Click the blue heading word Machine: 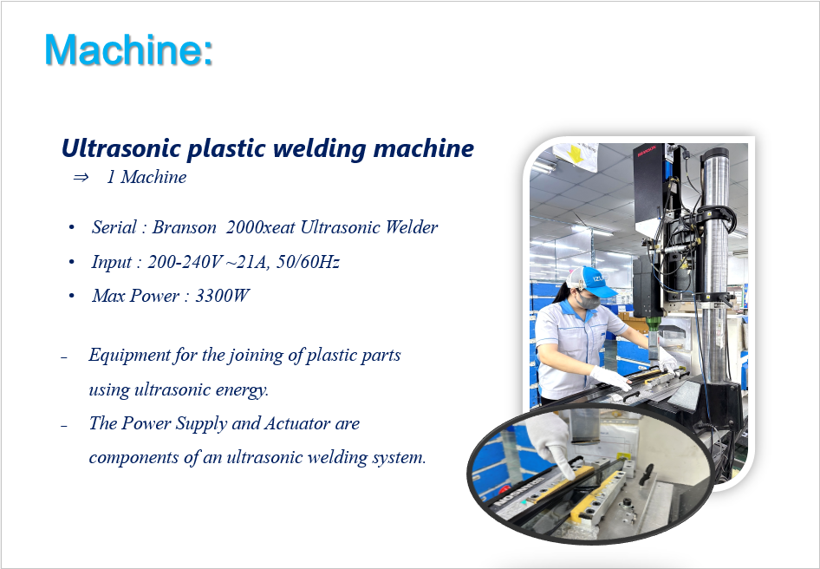pos(128,49)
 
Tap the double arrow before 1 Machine pos(81,178)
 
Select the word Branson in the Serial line pos(184,227)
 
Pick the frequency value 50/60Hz pos(308,262)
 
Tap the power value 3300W pos(222,296)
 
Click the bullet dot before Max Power pos(72,297)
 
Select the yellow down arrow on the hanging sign pos(575,154)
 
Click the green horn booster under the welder pos(653,323)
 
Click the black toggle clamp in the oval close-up pos(647,473)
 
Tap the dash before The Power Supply pos(64,426)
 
